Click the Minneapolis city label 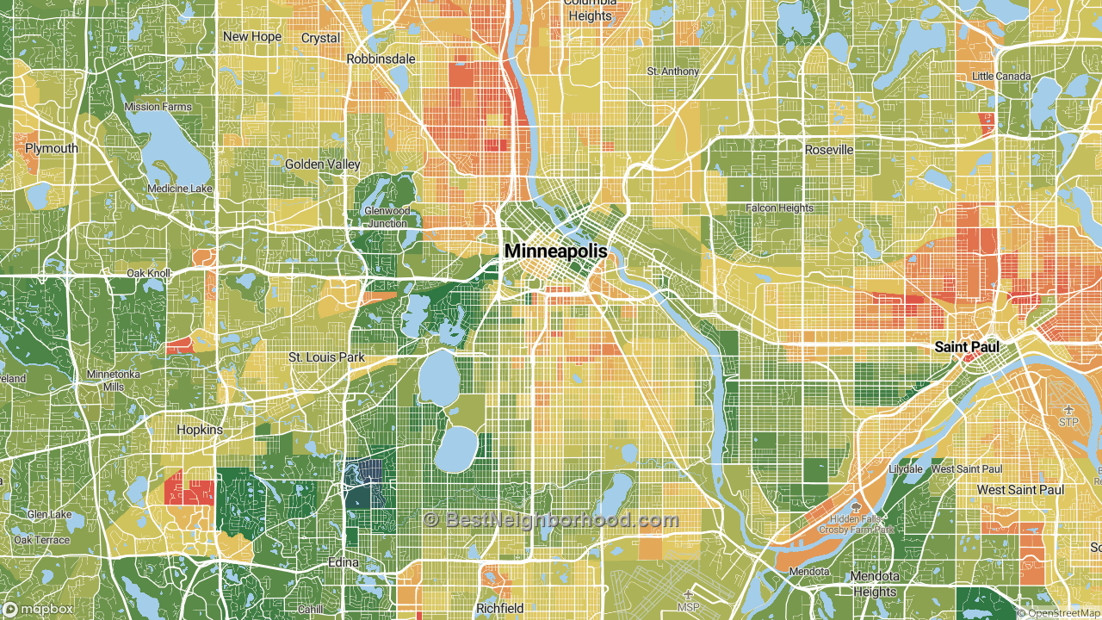(555, 251)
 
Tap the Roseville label (829, 150)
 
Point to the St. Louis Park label (326, 356)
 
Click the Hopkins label (199, 429)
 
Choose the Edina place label (344, 562)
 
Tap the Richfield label (499, 608)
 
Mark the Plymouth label (51, 148)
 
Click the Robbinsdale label (381, 59)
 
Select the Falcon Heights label (779, 208)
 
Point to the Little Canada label (1001, 76)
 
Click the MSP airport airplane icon (688, 595)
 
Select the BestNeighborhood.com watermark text (551, 520)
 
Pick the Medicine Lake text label (179, 189)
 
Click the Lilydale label (906, 469)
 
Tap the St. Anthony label (673, 71)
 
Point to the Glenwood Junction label (387, 217)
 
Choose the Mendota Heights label (874, 584)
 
